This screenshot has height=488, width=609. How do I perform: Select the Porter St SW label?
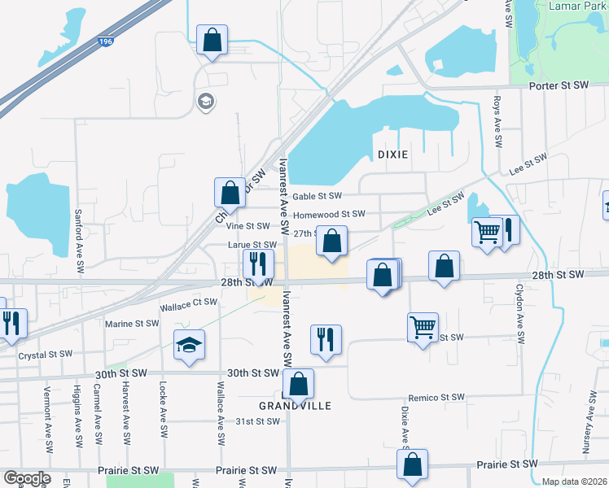coord(558,85)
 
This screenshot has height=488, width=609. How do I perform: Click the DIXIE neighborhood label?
coord(392,154)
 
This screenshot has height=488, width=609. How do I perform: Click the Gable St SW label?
coord(317,196)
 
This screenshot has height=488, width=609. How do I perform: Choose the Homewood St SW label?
coord(329,215)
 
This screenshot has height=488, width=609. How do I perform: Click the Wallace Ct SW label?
coord(188,303)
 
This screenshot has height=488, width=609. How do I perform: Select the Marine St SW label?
coord(132,323)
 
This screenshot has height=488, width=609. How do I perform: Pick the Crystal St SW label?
coord(45,354)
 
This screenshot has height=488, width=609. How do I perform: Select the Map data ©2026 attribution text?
coord(574,481)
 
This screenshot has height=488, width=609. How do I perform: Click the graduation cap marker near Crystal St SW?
coord(189,346)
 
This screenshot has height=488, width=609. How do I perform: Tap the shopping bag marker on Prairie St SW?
coord(413,465)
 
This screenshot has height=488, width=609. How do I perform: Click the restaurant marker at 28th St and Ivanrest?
coord(257,264)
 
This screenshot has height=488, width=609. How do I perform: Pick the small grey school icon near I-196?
coord(204,102)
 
